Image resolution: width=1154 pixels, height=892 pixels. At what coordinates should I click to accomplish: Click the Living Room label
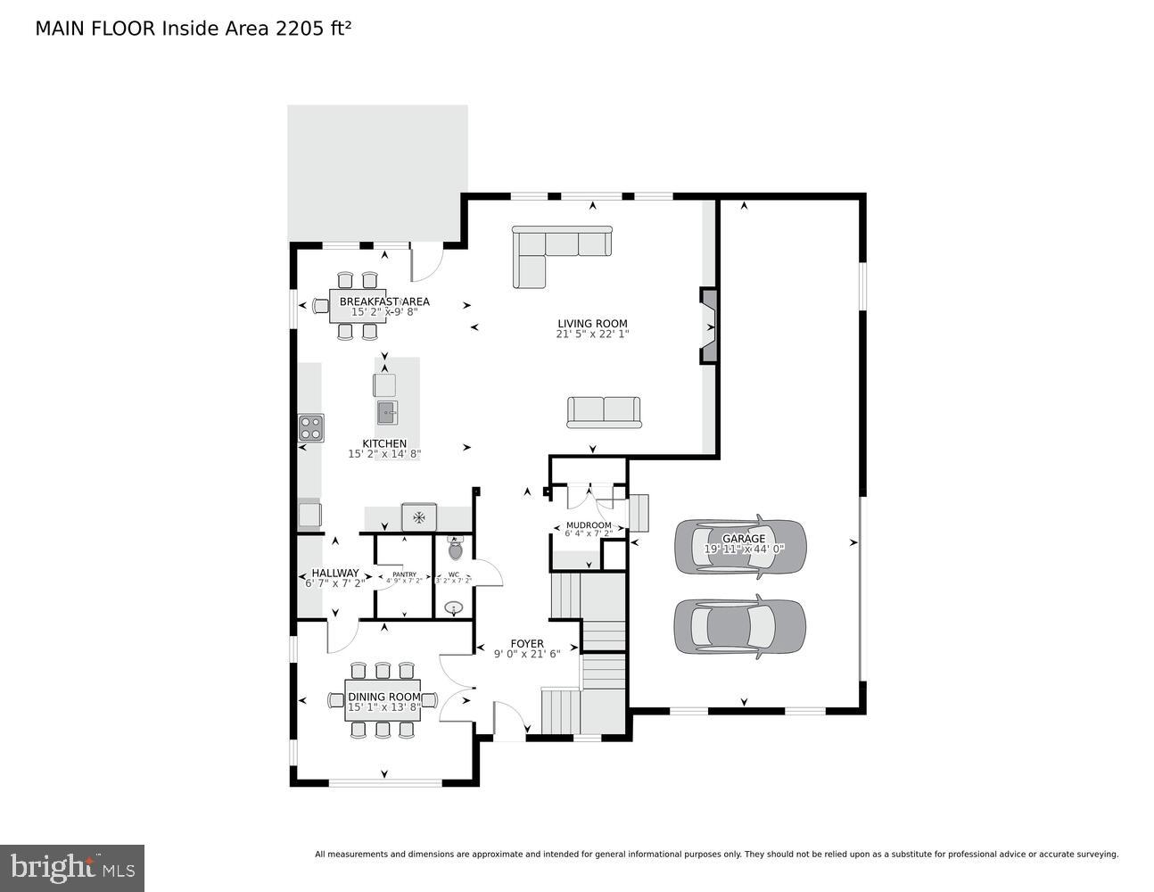[592, 324]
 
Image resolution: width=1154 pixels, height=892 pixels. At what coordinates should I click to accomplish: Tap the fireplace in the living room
[709, 326]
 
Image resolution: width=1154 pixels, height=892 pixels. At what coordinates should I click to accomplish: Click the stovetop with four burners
[310, 427]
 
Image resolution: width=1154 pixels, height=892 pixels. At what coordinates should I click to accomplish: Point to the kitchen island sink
[387, 412]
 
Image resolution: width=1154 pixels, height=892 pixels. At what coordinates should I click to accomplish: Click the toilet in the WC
[456, 548]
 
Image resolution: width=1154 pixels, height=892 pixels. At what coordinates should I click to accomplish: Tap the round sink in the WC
[455, 608]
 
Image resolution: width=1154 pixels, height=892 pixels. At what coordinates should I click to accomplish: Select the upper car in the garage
[740, 545]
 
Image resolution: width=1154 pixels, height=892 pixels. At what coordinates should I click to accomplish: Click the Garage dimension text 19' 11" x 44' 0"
[744, 549]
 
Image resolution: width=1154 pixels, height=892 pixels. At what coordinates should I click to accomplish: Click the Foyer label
[526, 643]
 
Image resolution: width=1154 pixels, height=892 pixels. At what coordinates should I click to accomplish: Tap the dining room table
[383, 701]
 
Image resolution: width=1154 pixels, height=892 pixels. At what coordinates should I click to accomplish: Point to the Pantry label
[404, 574]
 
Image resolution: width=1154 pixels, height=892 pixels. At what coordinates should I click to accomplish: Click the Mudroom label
[589, 525]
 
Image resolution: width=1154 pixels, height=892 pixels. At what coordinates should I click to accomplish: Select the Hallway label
[335, 573]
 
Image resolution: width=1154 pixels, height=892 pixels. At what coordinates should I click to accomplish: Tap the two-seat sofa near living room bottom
[604, 411]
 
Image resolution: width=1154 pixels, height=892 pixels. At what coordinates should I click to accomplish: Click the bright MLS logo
[72, 867]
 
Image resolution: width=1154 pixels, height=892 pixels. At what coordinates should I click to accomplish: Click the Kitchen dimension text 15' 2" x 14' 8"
[383, 454]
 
